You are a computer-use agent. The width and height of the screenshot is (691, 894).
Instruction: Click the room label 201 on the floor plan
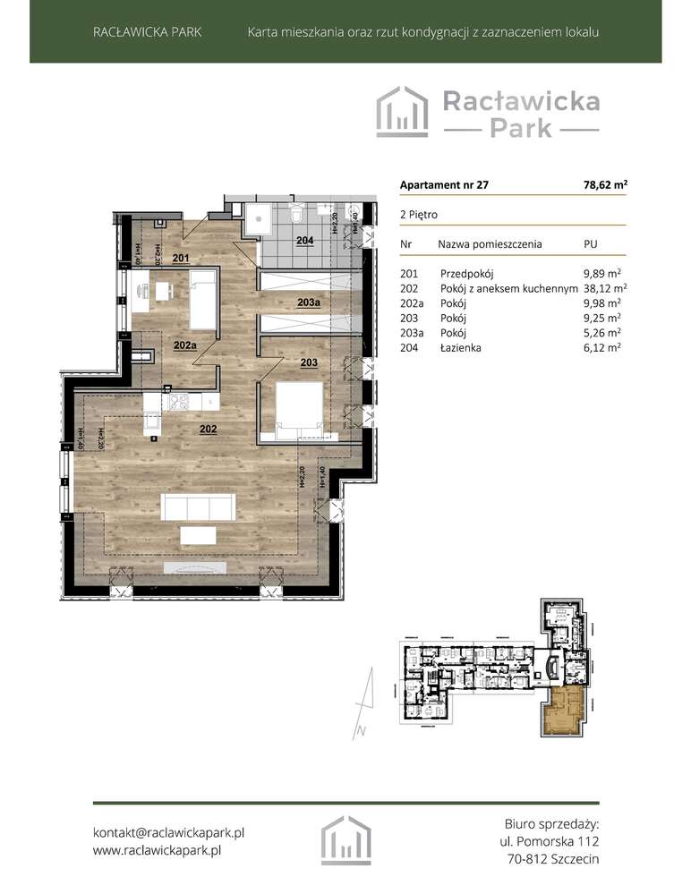(181, 259)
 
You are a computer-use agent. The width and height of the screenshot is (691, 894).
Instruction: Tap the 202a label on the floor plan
(185, 345)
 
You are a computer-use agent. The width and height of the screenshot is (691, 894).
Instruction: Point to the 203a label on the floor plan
(309, 303)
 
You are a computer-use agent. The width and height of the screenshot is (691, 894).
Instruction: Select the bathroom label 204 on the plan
(305, 241)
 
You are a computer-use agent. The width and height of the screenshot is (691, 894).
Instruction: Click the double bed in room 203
(299, 408)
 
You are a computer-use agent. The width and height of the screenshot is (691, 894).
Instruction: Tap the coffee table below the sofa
(198, 535)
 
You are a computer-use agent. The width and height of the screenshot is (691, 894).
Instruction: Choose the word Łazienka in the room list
(461, 347)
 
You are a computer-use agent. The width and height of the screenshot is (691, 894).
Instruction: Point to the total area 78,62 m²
(604, 185)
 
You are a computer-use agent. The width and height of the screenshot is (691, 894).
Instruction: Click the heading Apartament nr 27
(444, 185)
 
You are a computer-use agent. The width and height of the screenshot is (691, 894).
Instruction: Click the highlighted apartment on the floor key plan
(562, 713)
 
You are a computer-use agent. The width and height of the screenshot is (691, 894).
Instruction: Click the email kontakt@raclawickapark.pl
(169, 831)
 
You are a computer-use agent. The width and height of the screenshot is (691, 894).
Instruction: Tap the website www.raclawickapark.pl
(157, 850)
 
